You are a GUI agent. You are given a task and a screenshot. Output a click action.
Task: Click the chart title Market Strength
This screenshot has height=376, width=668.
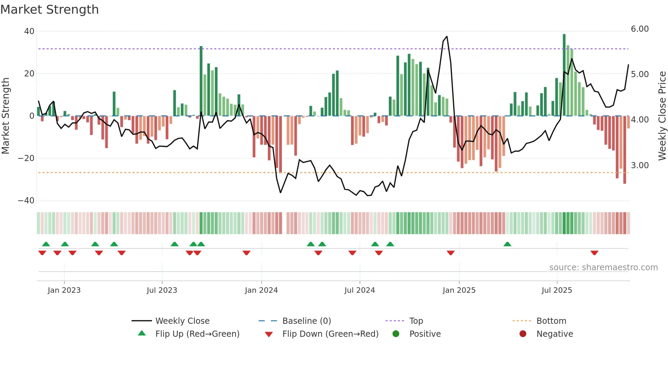(x=49, y=10)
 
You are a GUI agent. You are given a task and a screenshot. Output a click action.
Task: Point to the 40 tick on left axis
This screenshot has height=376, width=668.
(x=29, y=31)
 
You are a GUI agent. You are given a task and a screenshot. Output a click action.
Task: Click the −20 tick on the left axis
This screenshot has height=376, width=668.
(x=26, y=158)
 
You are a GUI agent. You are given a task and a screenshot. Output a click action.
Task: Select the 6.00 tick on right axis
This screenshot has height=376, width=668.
(x=640, y=29)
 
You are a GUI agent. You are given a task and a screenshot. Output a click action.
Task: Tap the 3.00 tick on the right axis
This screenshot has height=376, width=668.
(x=640, y=165)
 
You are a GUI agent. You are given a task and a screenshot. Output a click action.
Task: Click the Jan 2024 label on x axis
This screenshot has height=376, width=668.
(x=261, y=290)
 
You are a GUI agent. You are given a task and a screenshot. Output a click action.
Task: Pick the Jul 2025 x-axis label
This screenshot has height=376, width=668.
(x=557, y=290)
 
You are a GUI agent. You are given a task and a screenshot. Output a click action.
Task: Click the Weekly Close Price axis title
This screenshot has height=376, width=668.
(x=662, y=116)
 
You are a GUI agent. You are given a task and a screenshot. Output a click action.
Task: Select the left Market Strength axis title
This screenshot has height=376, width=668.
(x=6, y=116)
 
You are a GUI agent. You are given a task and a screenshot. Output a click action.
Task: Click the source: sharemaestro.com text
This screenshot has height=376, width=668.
(x=603, y=267)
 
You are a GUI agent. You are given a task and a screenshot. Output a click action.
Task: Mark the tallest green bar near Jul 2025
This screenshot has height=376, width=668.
(x=564, y=75)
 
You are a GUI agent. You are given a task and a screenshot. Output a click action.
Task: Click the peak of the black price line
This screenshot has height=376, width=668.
(x=446, y=37)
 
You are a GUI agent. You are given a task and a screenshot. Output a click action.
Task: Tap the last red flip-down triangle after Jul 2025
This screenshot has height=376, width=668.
(x=594, y=253)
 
